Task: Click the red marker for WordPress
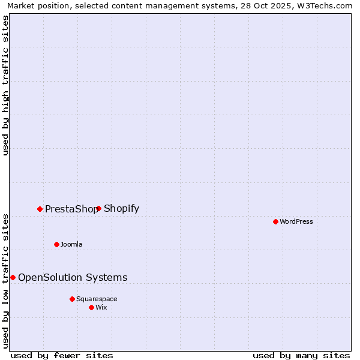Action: tap(275, 221)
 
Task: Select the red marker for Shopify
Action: tap(98, 208)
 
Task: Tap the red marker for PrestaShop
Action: tap(40, 209)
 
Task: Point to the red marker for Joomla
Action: tap(56, 244)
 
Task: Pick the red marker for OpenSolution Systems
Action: tap(13, 277)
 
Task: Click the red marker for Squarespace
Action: tap(72, 299)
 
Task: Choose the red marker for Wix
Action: tap(91, 307)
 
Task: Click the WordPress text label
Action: tap(296, 221)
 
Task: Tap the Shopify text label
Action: tap(121, 209)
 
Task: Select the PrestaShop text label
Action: tap(71, 209)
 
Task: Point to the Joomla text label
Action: tap(71, 244)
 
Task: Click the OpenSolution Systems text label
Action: tap(73, 277)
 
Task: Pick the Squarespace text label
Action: tap(97, 299)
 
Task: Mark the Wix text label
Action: tap(101, 307)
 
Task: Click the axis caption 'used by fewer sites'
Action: tap(62, 355)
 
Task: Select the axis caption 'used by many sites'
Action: tap(301, 355)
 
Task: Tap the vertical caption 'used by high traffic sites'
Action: tap(6, 85)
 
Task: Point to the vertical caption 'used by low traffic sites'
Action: tap(6, 280)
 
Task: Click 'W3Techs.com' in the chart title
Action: tap(327, 5)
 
